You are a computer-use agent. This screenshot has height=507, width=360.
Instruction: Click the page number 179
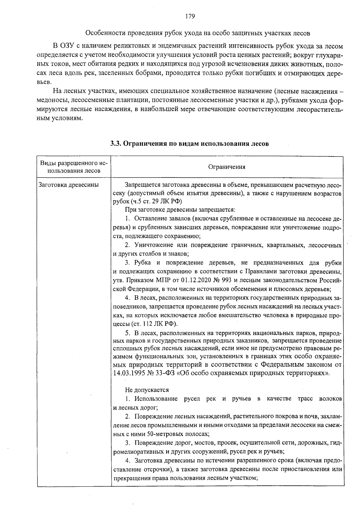tap(190, 16)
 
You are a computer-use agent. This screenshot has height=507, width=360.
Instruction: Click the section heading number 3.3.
tap(116, 144)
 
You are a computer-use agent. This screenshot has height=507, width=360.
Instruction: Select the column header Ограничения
tap(227, 167)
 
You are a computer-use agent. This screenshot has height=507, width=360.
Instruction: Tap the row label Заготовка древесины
tap(69, 185)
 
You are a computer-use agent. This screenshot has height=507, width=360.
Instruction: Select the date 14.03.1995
tap(128, 373)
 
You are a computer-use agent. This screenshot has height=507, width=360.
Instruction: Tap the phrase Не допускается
tap(147, 390)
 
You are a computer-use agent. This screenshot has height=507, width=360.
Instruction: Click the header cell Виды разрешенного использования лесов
tap(74, 167)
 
